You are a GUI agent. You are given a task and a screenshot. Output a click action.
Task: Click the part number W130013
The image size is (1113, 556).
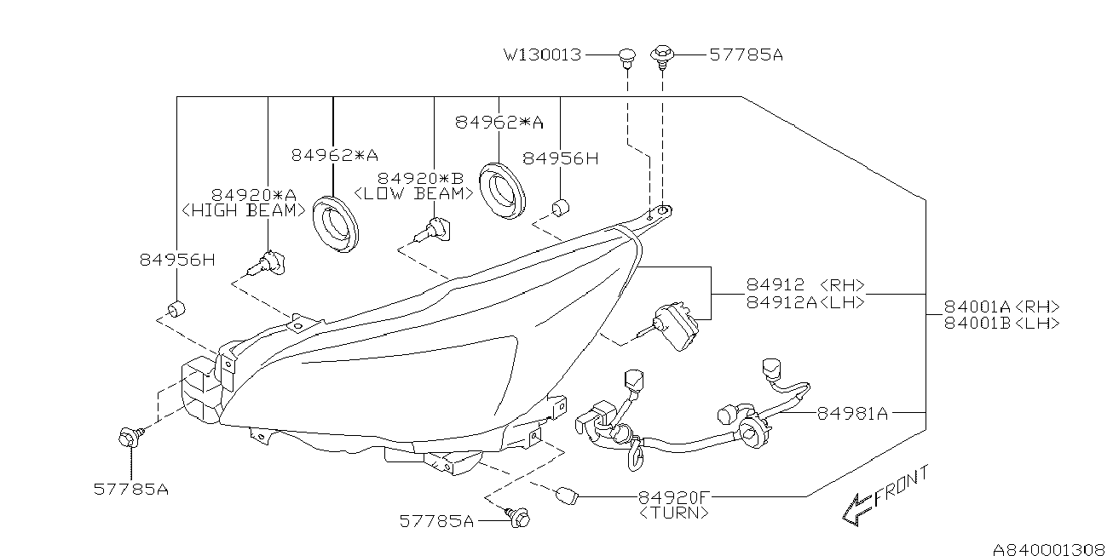(542, 55)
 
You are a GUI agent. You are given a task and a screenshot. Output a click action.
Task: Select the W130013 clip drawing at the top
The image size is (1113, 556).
(626, 56)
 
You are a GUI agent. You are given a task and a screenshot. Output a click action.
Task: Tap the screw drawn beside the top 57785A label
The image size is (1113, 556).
(662, 55)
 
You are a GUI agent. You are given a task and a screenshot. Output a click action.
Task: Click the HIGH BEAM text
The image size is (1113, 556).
(244, 210)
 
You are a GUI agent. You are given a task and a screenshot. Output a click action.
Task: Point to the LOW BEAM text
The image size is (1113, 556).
(413, 193)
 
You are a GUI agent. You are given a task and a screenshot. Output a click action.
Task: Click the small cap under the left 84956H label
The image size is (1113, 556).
(176, 307)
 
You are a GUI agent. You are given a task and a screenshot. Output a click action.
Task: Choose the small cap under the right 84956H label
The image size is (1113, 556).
(561, 207)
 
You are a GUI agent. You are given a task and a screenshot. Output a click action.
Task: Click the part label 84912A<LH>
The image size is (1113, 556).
(805, 302)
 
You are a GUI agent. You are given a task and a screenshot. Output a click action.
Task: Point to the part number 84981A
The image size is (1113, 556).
(852, 414)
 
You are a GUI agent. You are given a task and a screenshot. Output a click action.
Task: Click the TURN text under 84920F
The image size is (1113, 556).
(673, 513)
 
